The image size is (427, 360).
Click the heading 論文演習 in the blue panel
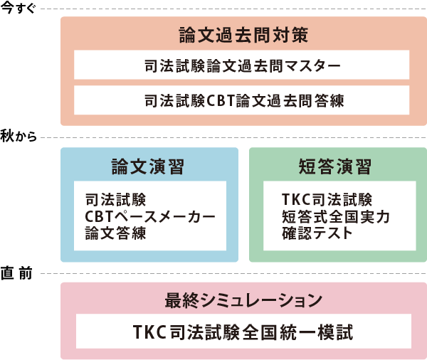coord(148,166)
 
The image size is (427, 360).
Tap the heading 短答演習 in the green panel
coord(337,166)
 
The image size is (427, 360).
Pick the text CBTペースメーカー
coord(149,216)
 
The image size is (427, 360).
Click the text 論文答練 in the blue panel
coord(115,232)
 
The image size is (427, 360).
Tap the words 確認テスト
coord(317,232)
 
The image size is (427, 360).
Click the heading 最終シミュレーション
coord(243,300)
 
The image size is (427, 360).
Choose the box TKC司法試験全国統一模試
coord(243,332)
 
